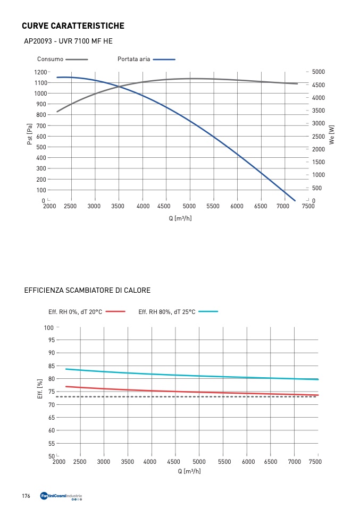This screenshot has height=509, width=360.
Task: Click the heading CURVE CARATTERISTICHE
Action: [x=73, y=26]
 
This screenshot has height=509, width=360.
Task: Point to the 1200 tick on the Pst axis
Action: [x=40, y=72]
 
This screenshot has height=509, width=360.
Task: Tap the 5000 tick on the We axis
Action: [x=319, y=72]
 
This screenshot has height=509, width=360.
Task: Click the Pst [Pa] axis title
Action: [x=30, y=136]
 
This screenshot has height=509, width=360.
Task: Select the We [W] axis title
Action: [x=332, y=136]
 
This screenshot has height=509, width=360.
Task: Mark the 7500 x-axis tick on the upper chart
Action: [x=308, y=207]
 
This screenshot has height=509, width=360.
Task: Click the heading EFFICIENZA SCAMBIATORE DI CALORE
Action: [x=87, y=290]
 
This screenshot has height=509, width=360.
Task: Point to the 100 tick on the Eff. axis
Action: [x=49, y=327]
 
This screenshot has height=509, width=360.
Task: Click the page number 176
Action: [x=26, y=496]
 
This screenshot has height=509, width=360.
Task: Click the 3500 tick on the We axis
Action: [x=319, y=111]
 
